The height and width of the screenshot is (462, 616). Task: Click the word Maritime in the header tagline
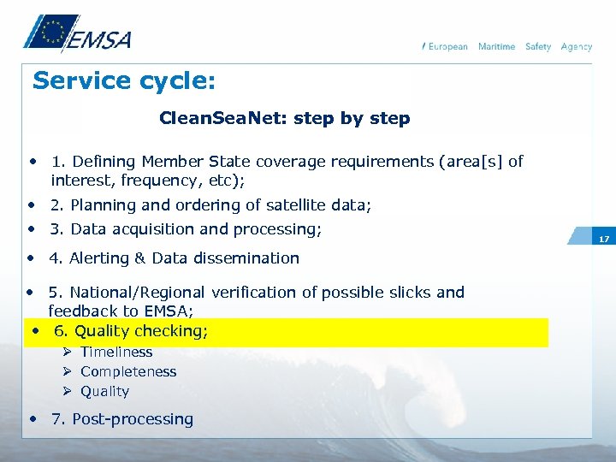tap(496, 46)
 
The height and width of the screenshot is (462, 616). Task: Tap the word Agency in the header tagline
tap(577, 46)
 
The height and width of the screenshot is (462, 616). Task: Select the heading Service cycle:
tap(124, 82)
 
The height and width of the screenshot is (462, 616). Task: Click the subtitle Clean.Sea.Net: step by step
tap(285, 118)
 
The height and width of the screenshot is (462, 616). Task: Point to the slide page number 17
tap(603, 240)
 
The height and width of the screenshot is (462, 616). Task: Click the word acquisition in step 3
tap(157, 229)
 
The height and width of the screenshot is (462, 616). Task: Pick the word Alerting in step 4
tap(99, 258)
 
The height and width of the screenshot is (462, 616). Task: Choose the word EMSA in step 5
tap(167, 311)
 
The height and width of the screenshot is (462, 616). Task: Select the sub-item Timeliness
tap(116, 352)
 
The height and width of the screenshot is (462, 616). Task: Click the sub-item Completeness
tap(128, 371)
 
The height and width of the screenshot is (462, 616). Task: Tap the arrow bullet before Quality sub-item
tap(68, 391)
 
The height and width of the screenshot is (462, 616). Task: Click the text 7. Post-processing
tap(122, 419)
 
